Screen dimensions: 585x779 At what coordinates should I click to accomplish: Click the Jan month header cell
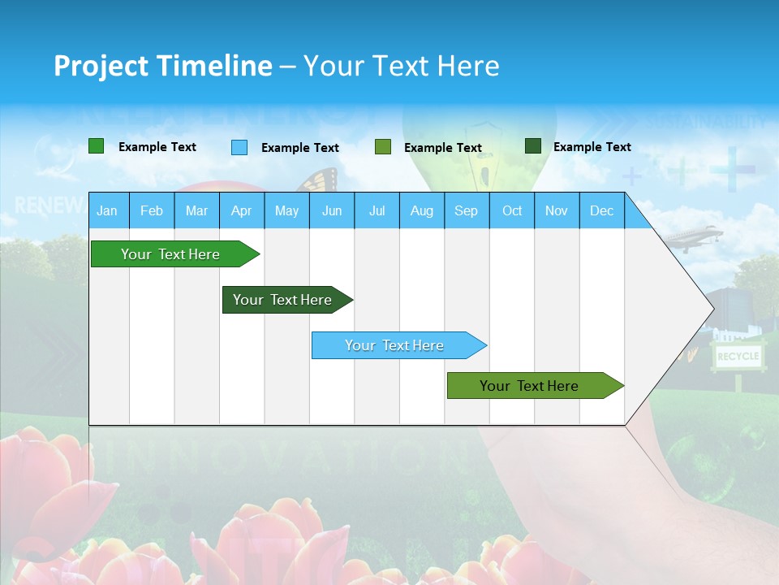[107, 210]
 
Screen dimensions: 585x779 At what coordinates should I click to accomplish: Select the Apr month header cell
[241, 210]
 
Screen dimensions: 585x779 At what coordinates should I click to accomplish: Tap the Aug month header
[421, 210]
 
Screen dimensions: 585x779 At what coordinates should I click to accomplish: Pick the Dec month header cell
[601, 210]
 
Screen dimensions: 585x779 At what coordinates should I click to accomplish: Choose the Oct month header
[512, 210]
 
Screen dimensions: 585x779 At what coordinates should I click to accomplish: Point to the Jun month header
[332, 210]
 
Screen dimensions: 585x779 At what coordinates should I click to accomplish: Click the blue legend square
[239, 147]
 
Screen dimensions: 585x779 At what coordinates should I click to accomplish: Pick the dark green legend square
[533, 146]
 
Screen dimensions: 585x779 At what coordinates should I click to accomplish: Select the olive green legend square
[383, 147]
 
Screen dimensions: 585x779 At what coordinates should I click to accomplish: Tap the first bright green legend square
[97, 146]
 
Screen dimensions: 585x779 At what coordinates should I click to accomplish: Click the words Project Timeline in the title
[163, 66]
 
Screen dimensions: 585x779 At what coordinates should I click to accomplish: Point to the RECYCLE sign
[738, 356]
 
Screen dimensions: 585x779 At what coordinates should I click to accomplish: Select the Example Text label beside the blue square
[299, 148]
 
